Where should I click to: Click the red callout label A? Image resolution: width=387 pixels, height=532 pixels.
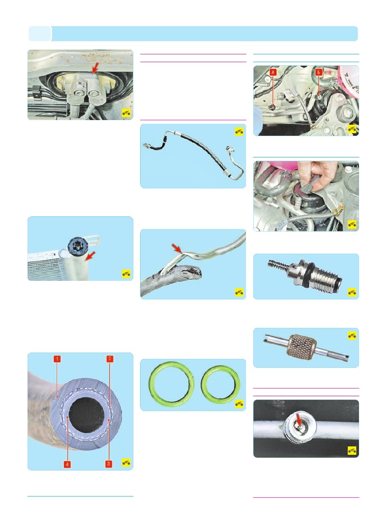[x=273, y=72]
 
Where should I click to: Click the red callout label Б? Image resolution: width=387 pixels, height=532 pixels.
[x=319, y=72]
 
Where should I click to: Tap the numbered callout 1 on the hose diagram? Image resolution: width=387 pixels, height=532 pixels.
[x=57, y=358]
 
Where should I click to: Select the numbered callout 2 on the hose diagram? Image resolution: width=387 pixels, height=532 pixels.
[x=110, y=358]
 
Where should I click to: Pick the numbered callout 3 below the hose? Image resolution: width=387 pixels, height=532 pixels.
[x=108, y=464]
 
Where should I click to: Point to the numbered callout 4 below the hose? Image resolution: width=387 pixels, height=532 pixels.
[x=67, y=464]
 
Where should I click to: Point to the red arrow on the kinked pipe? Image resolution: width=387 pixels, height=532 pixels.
[x=177, y=249]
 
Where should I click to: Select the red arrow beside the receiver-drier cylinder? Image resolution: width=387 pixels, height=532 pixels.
[x=91, y=256]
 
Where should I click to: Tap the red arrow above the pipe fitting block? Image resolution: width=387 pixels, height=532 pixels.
[x=95, y=68]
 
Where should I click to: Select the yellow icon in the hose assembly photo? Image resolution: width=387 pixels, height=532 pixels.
[x=239, y=132]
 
